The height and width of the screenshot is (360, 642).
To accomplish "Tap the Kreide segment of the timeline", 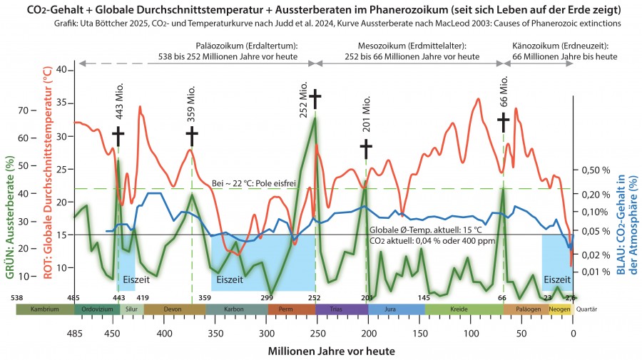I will point(464,309).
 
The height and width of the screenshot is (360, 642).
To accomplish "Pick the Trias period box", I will point(341,309).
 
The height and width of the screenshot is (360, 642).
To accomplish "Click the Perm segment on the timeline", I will point(291,309).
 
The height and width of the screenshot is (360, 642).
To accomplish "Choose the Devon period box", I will point(174,309).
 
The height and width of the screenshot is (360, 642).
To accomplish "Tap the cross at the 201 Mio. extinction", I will point(366,149).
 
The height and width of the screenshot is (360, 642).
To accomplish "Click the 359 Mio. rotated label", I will point(191,106).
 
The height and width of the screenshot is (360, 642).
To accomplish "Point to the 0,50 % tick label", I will point(598,170).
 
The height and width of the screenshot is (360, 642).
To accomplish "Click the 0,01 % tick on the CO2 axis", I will point(598,272).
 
